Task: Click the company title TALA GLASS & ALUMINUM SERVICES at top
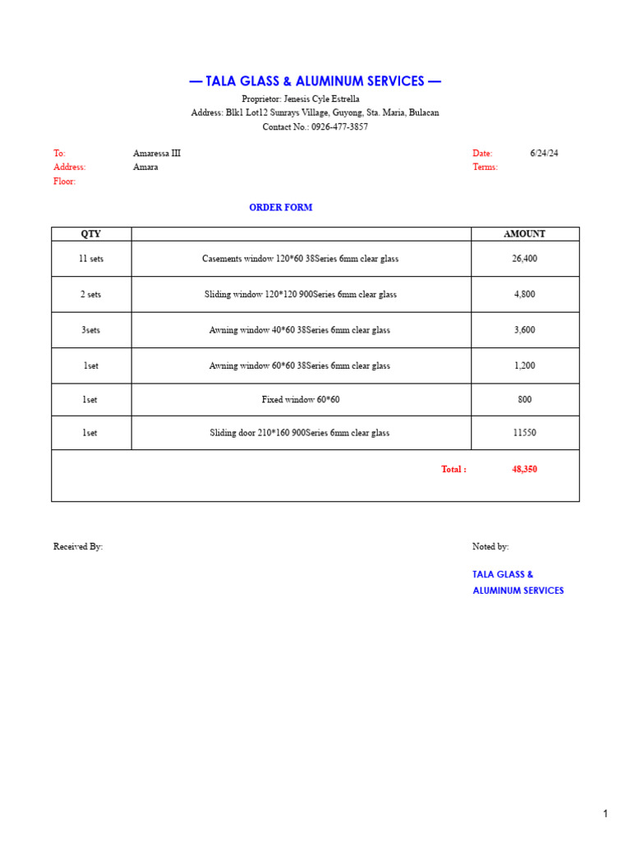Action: point(315,81)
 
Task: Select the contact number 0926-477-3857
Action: point(339,127)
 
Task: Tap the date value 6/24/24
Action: point(544,154)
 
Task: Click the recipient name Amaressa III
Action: point(157,154)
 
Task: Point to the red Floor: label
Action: point(64,182)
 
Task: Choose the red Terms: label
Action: point(485,168)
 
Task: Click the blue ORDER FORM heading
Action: point(281,208)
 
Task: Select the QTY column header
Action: point(90,234)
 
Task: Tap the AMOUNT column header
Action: point(524,234)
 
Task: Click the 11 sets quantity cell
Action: point(91,259)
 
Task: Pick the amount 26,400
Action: point(524,259)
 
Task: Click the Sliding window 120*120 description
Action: point(301,294)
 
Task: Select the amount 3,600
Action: point(524,330)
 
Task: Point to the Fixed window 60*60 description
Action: point(301,400)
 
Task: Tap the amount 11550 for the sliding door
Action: point(524,433)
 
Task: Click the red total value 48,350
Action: point(524,470)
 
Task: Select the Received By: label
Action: point(78,547)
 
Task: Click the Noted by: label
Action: point(491,547)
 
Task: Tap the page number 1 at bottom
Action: point(606,814)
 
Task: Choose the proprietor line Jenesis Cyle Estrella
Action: point(301,99)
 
